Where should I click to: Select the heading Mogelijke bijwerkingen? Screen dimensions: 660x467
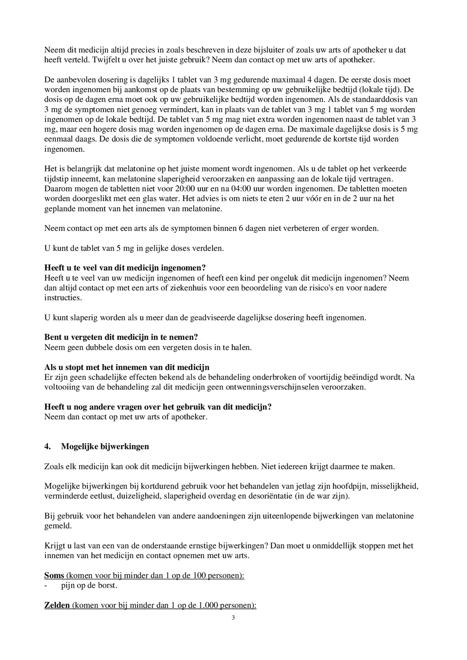click(x=105, y=446)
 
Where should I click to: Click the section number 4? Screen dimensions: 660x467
click(x=47, y=446)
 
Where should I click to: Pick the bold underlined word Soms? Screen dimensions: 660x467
click(x=54, y=575)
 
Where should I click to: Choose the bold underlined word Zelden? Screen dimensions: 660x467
click(x=57, y=605)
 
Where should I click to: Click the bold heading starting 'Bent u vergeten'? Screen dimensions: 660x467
click(x=121, y=337)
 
